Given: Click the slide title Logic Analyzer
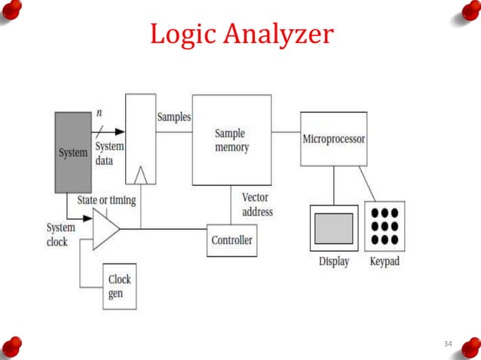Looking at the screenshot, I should pos(241,35).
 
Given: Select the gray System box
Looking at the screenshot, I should pos(73,152).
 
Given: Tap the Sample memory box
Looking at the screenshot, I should pos(231,140).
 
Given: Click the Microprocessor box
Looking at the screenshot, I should pos(333,139).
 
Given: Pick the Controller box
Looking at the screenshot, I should pos(231,240).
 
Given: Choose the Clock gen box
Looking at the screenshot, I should pos(119,286).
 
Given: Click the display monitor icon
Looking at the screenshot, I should pos(333,227).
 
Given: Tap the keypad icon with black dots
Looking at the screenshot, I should pos(384,226).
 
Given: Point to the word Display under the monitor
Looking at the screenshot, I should pos(333,262).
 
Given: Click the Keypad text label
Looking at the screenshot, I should pos(384,262).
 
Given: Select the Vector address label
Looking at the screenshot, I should pos(257,205).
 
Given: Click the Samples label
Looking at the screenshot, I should pos(173,117).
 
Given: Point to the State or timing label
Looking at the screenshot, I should pos(107,200).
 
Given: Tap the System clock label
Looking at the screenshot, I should pos(60,234).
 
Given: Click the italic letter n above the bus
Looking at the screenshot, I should pos(100,112).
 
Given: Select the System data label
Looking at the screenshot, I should pos(110,154).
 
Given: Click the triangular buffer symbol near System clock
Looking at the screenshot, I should pos(105,228).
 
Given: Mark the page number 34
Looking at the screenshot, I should pos(448,344).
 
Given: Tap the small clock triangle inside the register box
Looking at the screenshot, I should pos(139,176).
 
